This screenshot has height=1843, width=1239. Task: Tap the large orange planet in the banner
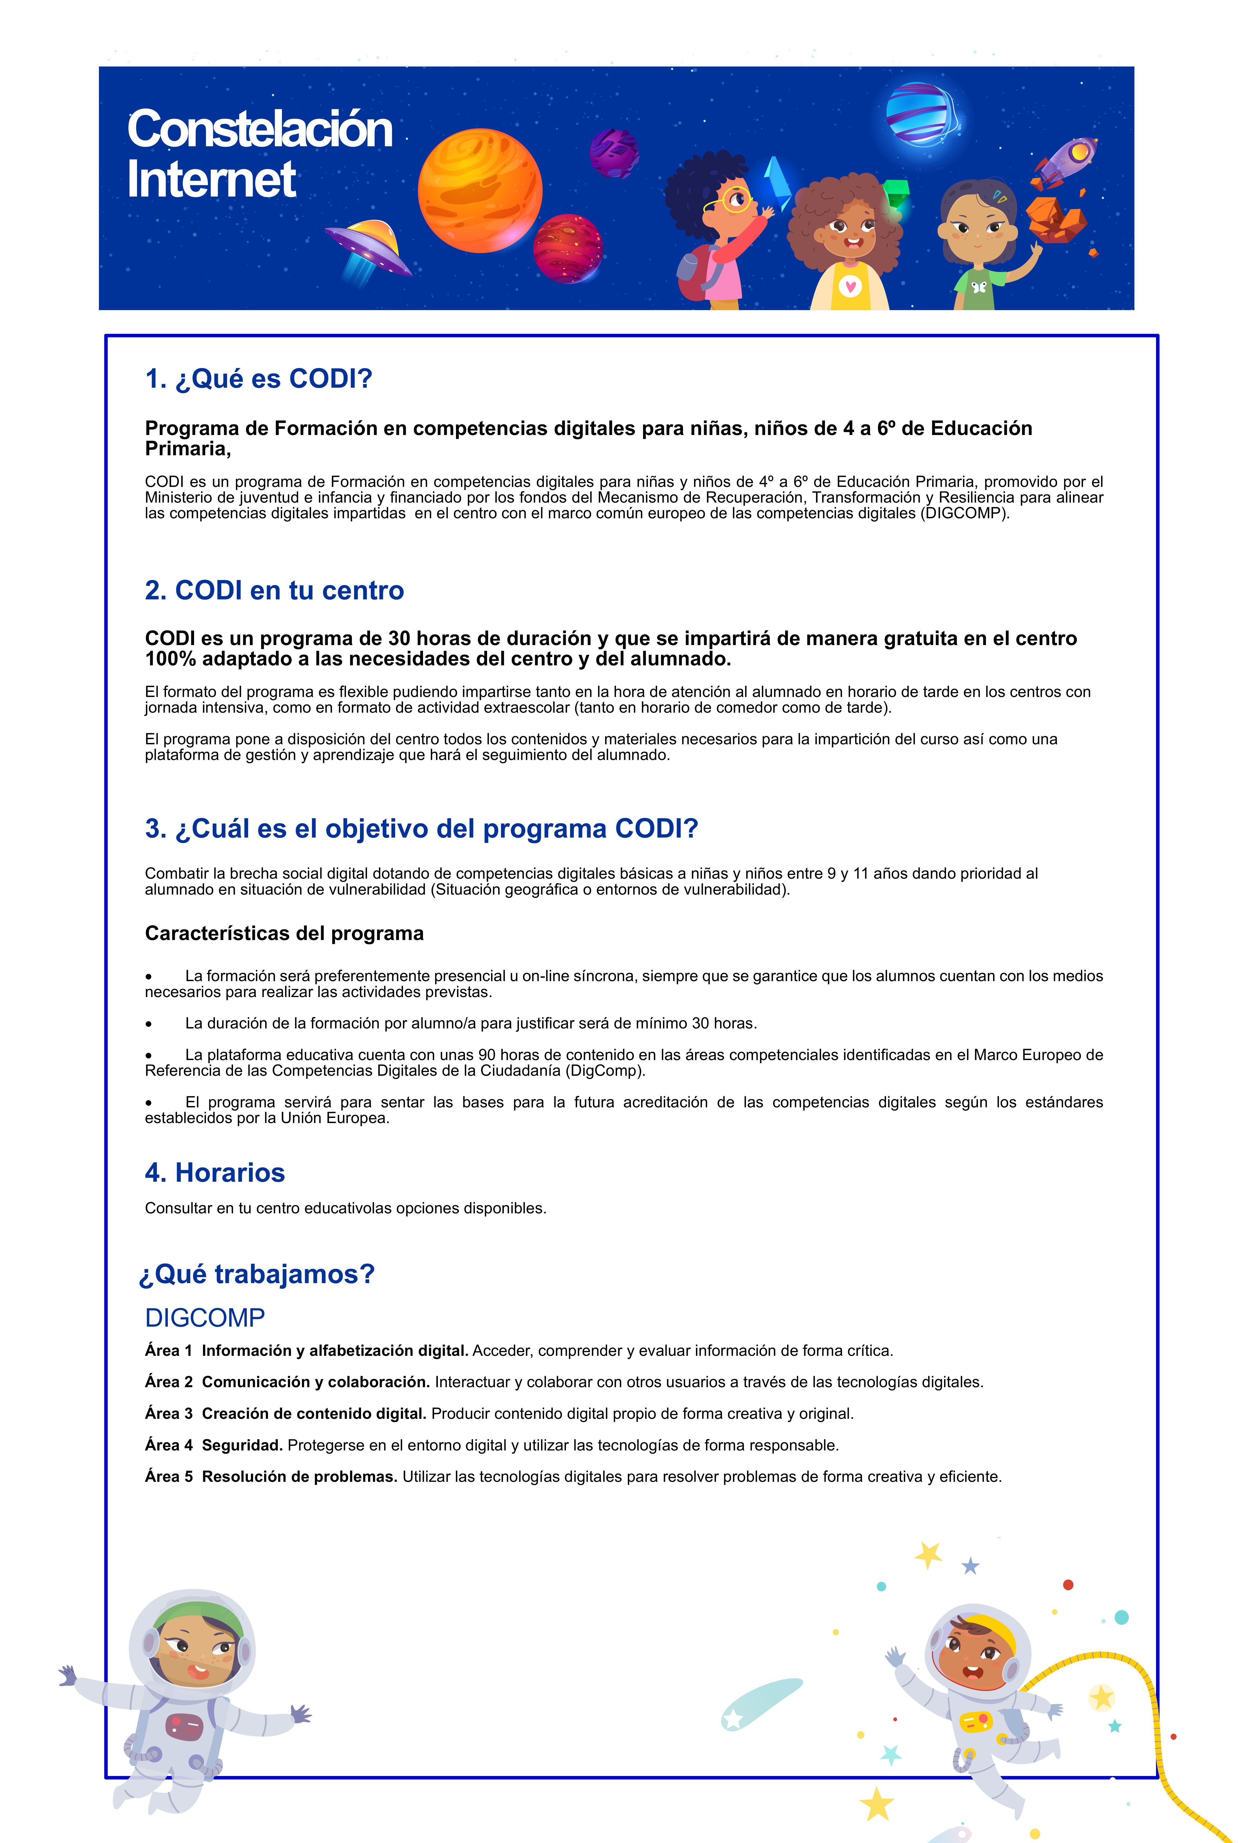click(480, 191)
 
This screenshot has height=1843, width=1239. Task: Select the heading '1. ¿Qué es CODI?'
click(258, 378)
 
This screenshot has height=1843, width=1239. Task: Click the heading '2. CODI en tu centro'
click(274, 590)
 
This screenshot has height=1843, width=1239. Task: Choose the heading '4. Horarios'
click(215, 1173)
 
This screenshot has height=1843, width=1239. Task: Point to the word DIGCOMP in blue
click(205, 1317)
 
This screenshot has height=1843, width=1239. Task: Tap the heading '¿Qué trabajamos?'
click(257, 1274)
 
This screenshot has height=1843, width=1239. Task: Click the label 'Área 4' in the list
click(168, 1445)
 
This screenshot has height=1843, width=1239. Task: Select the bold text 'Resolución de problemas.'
click(299, 1476)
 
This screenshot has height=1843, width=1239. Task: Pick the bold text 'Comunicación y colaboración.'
click(315, 1382)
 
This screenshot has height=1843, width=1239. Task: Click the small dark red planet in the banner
click(567, 248)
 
